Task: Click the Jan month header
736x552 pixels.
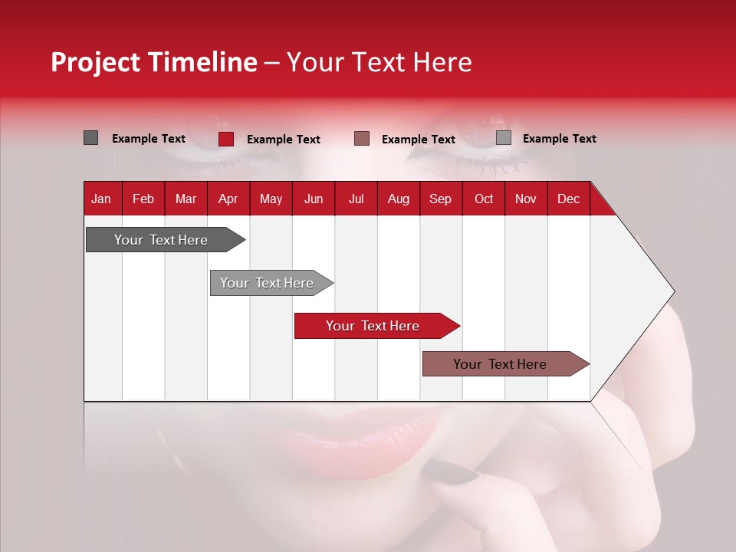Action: click(x=101, y=199)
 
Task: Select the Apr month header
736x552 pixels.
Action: click(x=228, y=199)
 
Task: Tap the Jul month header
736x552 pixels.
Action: click(x=356, y=199)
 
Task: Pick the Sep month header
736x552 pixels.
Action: click(x=440, y=199)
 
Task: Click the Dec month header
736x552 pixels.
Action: click(x=568, y=199)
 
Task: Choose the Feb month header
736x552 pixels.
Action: click(x=143, y=199)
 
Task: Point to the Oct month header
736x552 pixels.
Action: click(x=484, y=199)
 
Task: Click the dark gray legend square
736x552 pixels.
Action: click(x=90, y=138)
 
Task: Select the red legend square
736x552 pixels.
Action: click(x=225, y=139)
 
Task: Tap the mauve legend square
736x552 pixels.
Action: click(x=362, y=139)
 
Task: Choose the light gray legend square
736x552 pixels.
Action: click(x=503, y=138)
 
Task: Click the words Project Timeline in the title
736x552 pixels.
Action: click(x=154, y=62)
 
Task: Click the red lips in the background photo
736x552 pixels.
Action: click(x=353, y=441)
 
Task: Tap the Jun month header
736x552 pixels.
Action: click(x=314, y=199)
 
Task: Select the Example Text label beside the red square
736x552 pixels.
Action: click(x=284, y=140)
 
